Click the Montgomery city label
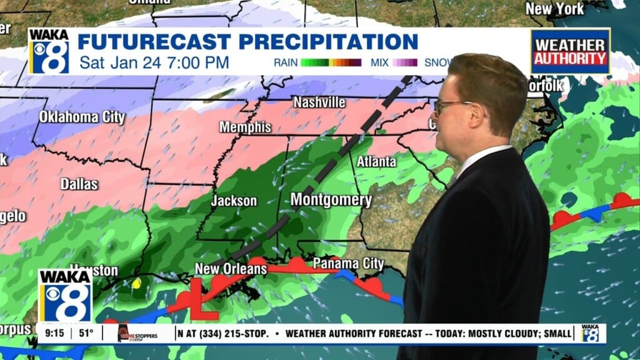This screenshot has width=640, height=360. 331,201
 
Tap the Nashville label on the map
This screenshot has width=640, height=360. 319,101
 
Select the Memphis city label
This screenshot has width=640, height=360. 245,127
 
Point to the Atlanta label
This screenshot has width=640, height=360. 376,161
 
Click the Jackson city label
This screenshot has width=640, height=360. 234,201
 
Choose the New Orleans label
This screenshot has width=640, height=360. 231,269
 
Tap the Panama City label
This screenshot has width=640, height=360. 348,262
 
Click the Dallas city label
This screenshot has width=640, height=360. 79,184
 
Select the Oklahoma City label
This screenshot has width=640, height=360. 82,117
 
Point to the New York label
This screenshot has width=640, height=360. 554,9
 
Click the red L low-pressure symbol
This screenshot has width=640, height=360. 202,299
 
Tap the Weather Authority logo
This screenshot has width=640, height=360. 570,51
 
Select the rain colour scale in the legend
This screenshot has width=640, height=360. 331,62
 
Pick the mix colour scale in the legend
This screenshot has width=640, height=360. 405,62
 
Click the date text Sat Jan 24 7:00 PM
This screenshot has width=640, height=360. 154,62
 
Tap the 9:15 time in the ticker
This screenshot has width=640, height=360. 52,333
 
